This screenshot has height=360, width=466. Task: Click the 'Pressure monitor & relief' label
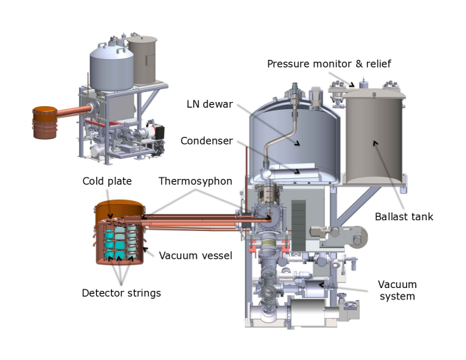(328, 64)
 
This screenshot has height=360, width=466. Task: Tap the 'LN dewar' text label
(209, 104)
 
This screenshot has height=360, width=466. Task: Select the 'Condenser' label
(206, 140)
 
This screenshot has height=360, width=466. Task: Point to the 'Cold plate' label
(107, 181)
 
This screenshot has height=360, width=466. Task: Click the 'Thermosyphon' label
(195, 181)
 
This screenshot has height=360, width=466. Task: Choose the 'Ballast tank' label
(403, 217)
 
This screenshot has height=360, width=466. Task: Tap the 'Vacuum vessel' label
(195, 255)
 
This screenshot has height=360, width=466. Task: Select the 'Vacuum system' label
(398, 290)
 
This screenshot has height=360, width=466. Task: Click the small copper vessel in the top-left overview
(45, 122)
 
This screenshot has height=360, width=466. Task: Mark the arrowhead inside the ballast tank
(375, 143)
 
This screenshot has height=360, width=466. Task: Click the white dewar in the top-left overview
(111, 68)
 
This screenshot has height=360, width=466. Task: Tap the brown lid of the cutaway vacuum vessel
(118, 207)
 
